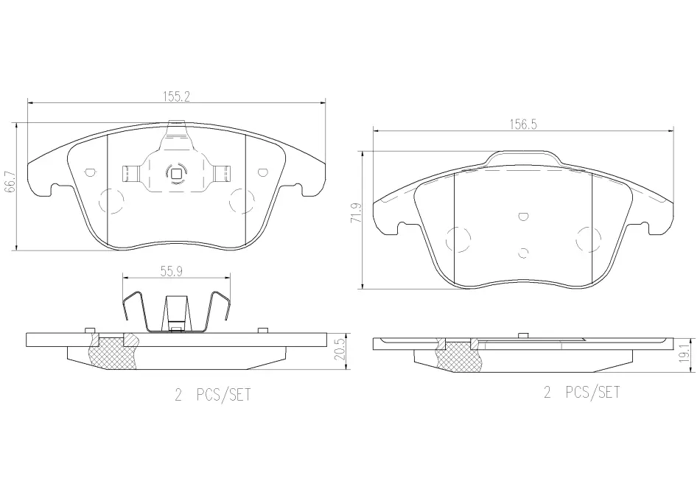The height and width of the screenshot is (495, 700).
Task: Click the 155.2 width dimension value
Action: (176, 96)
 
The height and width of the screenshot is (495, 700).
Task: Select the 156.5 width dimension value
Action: (523, 124)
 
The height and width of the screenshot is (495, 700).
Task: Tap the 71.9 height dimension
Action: (356, 214)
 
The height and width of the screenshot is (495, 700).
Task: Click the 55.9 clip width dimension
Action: (172, 271)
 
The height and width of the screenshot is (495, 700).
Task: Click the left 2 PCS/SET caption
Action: (213, 395)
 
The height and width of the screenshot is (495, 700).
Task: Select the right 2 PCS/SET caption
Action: (581, 393)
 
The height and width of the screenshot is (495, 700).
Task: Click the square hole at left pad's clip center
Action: (176, 173)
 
